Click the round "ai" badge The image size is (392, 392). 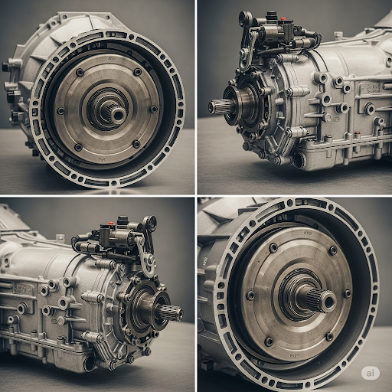click(x=371, y=372)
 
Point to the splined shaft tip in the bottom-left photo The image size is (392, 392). click(x=177, y=312)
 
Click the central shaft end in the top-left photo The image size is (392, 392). click(x=117, y=113)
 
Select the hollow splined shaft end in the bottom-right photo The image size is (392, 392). click(x=325, y=301)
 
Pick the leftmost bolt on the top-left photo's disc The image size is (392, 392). click(x=60, y=110)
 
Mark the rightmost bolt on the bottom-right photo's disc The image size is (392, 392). click(x=347, y=293)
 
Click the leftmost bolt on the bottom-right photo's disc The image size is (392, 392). click(x=250, y=296)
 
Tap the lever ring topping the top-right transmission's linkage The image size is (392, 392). click(x=246, y=17)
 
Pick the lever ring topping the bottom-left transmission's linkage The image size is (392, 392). click(x=150, y=223)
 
